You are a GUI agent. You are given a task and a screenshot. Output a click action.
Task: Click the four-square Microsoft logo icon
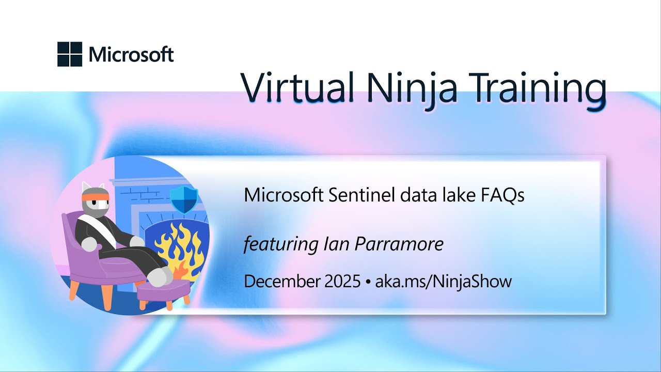coord(70,54)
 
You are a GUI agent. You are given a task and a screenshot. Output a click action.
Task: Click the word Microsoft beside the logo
coord(131,54)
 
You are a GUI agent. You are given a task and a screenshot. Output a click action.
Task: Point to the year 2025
coord(340,282)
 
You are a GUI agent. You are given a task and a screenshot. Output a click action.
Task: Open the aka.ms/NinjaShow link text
coord(443,282)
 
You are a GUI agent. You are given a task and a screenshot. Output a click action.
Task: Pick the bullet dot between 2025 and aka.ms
coord(368,282)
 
